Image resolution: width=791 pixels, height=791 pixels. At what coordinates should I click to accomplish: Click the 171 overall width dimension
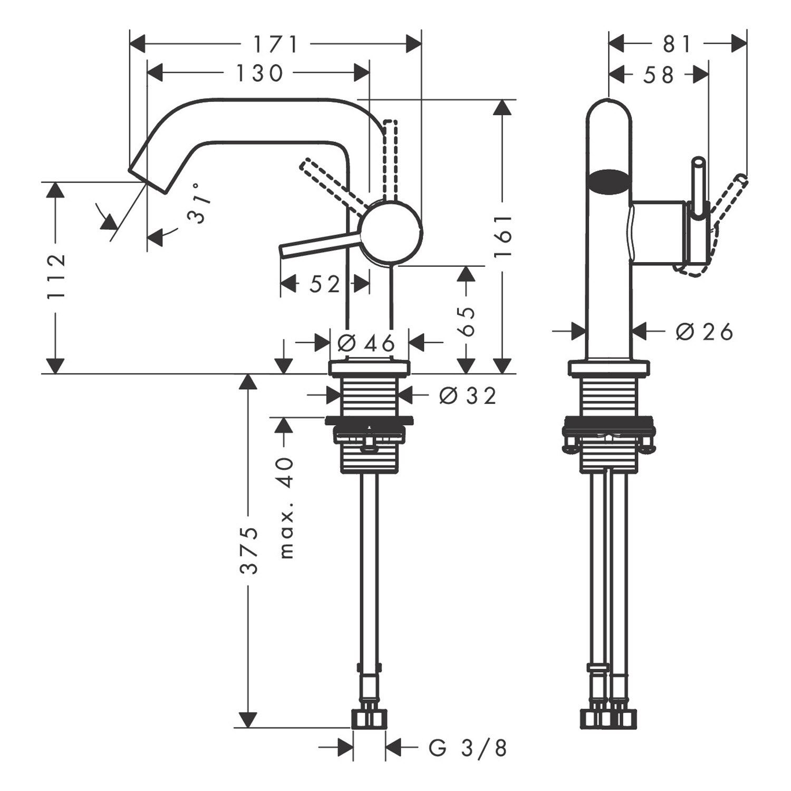(276, 45)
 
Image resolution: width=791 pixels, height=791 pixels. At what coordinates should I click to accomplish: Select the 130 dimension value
(259, 73)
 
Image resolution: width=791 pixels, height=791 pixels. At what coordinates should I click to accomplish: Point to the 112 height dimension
(56, 276)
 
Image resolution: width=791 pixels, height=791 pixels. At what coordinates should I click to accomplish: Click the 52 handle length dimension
(324, 285)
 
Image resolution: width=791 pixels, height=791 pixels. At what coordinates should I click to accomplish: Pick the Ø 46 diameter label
(366, 344)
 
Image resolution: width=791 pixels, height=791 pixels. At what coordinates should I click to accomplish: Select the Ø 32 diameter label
(468, 395)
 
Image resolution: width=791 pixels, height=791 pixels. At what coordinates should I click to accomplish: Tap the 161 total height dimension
(503, 235)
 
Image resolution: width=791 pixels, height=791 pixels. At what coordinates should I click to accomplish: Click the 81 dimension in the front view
(677, 45)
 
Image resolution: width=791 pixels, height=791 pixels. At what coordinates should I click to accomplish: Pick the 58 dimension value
(659, 75)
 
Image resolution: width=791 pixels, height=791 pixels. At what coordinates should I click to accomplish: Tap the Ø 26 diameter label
(705, 332)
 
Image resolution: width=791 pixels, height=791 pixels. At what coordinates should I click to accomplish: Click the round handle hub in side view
(391, 232)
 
